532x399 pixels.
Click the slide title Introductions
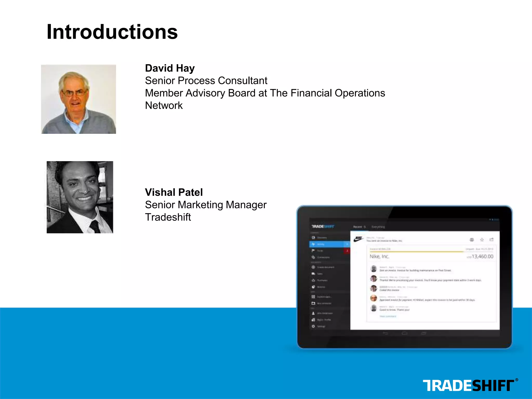(112, 32)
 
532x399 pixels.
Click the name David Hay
(170, 68)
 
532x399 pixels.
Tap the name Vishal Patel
(174, 192)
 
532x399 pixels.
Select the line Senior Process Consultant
(206, 81)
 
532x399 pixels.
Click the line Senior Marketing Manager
(206, 205)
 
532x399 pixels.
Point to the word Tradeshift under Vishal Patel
(168, 217)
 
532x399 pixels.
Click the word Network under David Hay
(164, 106)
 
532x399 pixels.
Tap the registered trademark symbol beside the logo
(516, 380)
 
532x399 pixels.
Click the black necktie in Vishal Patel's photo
(95, 226)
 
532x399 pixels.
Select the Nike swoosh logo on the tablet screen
(358, 239)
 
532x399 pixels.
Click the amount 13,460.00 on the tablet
(482, 257)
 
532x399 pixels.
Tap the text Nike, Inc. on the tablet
(379, 257)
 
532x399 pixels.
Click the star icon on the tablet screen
(482, 240)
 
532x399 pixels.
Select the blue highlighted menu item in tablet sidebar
(329, 244)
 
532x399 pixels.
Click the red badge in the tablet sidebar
(347, 251)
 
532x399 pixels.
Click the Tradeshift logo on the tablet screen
(323, 227)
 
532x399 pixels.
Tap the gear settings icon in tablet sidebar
(313, 326)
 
